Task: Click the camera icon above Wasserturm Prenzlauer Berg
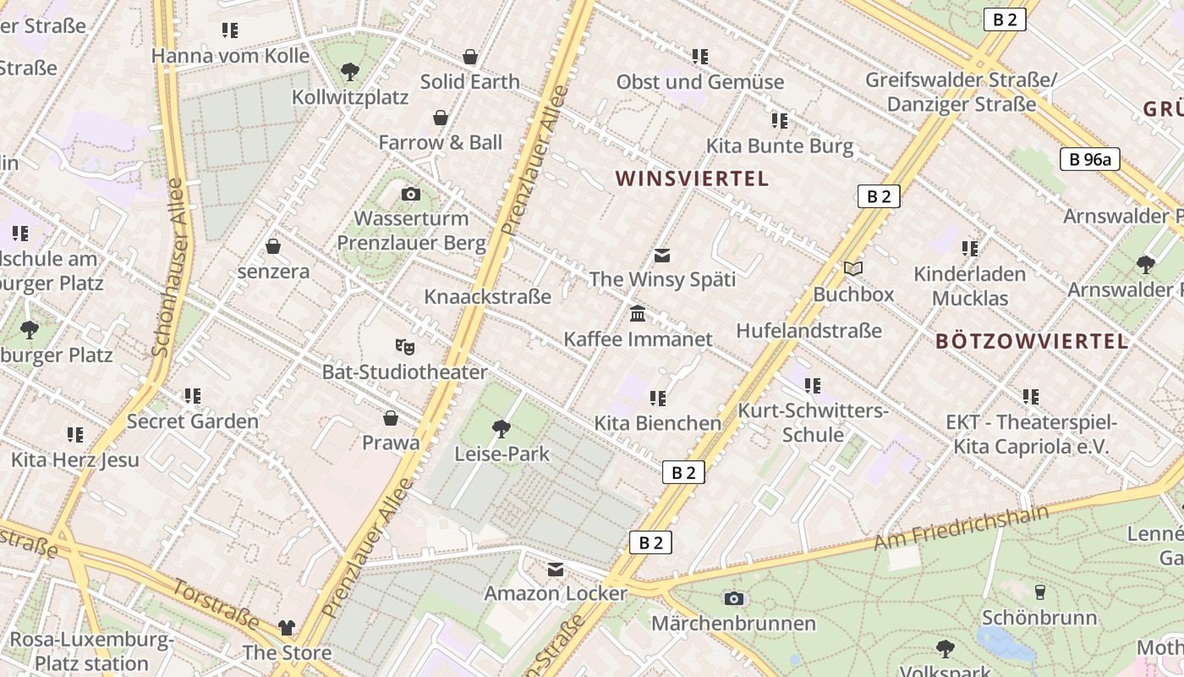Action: [x=411, y=195]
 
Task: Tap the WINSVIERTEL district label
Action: [x=692, y=179]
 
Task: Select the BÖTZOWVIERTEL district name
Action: [x=1032, y=341]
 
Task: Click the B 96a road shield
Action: [x=1089, y=158]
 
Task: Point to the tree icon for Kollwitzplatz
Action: [x=349, y=72]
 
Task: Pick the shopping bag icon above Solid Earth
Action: [x=470, y=57]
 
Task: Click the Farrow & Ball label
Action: [x=440, y=142]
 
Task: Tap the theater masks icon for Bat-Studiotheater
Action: [x=405, y=346]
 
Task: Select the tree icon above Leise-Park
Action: [x=502, y=429]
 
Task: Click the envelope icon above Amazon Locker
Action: [x=556, y=570]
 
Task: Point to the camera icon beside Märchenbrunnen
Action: [x=734, y=598]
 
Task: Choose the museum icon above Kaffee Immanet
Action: [x=638, y=314]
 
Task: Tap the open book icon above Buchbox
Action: [x=853, y=269]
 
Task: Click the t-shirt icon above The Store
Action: [x=287, y=628]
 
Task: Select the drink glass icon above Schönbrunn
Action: [x=1040, y=592]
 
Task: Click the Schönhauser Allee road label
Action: [x=167, y=266]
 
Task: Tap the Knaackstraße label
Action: [x=487, y=296]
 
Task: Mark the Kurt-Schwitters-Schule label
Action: [x=813, y=422]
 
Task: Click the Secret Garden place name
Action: [x=193, y=421]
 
